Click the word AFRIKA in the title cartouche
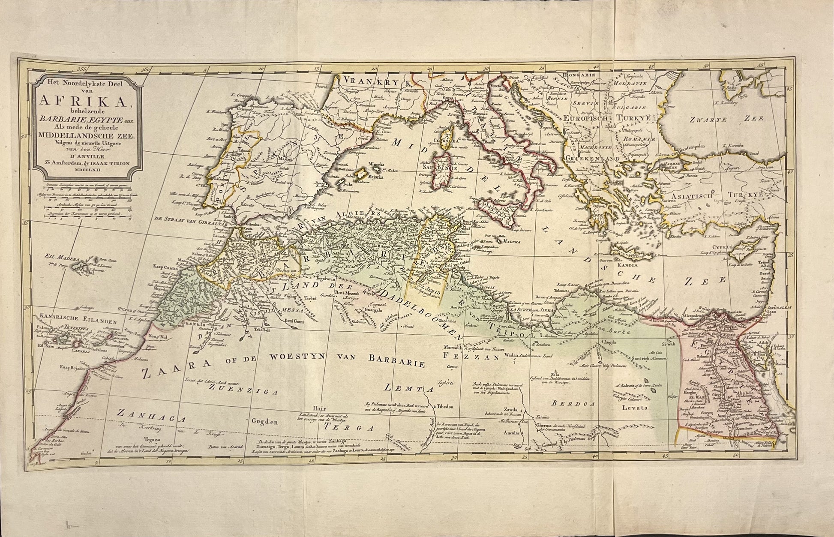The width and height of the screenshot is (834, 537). tap(86, 101)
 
